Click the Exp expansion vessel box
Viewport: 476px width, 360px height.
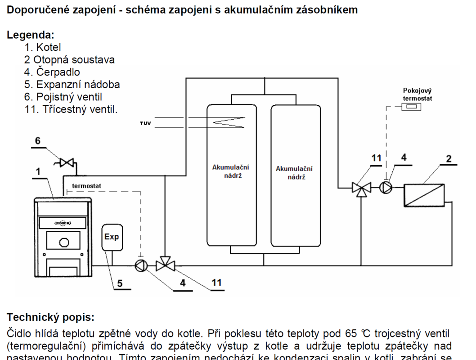coord(112,237)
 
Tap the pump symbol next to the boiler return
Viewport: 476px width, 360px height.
coord(141,266)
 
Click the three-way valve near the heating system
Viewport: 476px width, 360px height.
coord(361,188)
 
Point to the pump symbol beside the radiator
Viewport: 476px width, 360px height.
coord(386,187)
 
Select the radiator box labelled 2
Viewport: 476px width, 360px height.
coord(424,195)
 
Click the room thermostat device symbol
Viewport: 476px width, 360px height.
coord(412,107)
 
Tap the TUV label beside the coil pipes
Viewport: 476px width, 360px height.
coord(145,122)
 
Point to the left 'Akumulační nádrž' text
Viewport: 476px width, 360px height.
coord(231,171)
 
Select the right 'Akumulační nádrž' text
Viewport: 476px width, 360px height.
coord(294,173)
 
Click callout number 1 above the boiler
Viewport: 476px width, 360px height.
coord(38,171)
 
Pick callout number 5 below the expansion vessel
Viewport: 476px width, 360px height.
coord(120,283)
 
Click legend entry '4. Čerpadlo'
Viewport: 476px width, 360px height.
coord(52,72)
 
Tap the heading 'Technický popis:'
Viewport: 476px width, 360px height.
coord(50,317)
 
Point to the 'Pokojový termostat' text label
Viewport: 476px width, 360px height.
coord(417,94)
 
